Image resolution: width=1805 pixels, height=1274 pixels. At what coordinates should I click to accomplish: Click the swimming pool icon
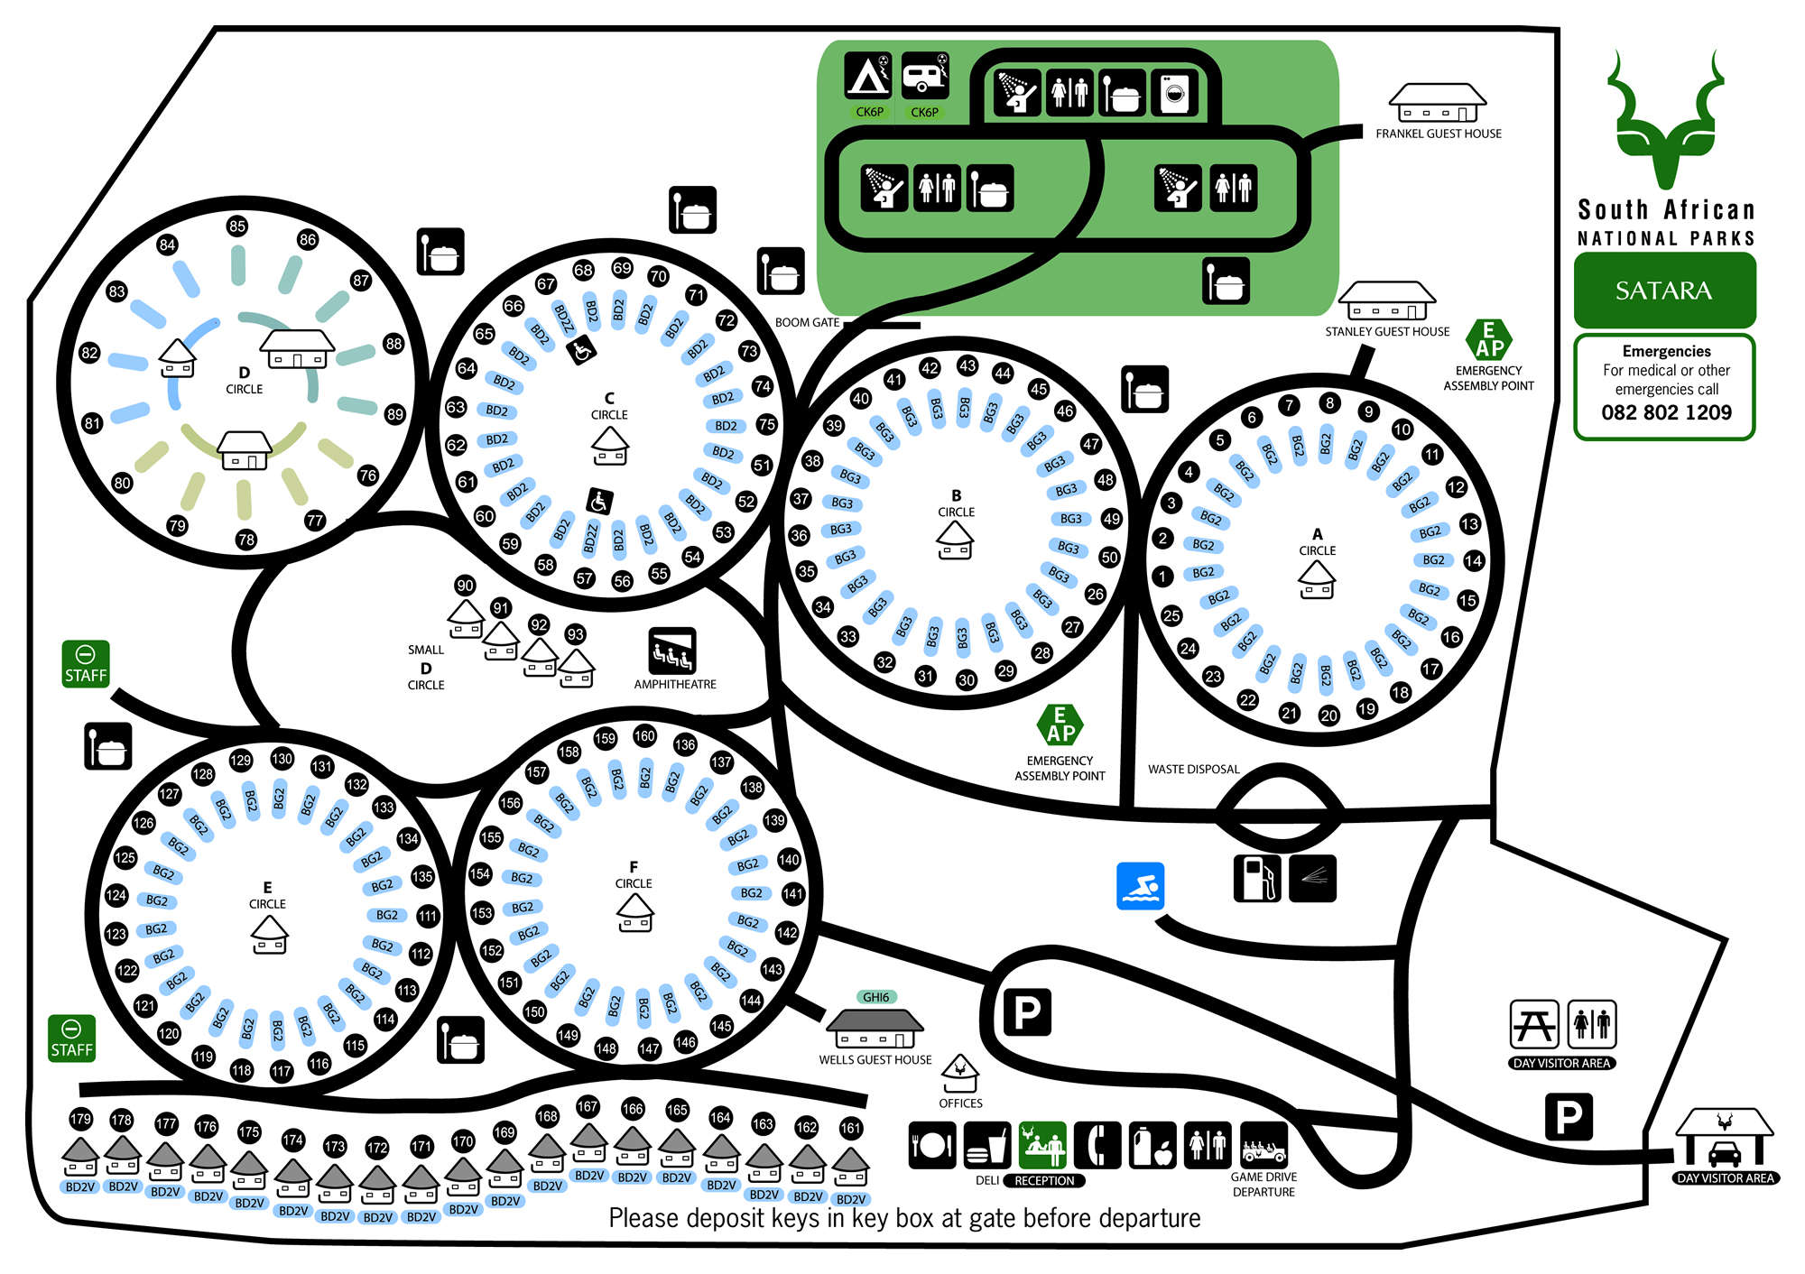point(1140,885)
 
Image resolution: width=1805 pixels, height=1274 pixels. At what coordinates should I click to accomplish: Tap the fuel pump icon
point(1257,878)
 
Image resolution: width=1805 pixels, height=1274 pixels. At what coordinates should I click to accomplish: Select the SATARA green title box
point(1664,291)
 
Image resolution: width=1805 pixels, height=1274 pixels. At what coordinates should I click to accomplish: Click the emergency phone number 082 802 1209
point(1666,412)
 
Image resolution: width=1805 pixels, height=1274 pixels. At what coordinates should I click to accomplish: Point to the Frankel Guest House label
point(1438,134)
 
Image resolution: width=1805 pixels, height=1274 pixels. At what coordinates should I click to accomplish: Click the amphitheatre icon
point(672,651)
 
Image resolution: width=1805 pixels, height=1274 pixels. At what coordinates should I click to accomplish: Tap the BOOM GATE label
point(807,322)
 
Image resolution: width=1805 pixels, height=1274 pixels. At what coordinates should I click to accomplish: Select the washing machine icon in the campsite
point(1174,93)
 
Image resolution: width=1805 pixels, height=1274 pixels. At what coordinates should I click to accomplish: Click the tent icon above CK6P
point(867,76)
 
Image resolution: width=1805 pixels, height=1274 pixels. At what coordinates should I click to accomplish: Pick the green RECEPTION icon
point(1042,1146)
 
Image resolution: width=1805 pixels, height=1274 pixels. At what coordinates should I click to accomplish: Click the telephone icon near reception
point(1097,1146)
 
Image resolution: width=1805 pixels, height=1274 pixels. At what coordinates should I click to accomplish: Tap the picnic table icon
point(1534,1024)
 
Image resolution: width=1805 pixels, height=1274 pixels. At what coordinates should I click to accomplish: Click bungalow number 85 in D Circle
point(237,226)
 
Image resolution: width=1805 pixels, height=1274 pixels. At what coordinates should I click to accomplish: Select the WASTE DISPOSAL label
point(1193,770)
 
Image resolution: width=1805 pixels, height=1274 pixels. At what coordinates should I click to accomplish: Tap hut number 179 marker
point(80,1119)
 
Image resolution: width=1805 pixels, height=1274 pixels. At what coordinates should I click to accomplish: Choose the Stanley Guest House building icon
point(1386,300)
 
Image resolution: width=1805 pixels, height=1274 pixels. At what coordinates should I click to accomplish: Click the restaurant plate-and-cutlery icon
point(931,1146)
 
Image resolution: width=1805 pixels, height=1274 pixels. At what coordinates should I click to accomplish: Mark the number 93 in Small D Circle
point(575,634)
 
